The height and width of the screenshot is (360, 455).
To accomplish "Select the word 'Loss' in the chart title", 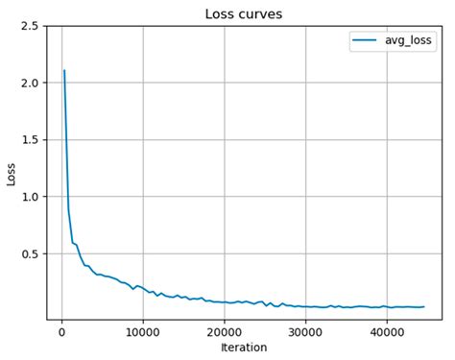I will coord(221,13).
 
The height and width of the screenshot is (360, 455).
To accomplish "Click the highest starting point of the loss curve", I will coord(64,70).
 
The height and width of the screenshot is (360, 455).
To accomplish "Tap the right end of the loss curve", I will coord(423,306).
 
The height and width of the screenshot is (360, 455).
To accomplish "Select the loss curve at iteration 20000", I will coord(224,301).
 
